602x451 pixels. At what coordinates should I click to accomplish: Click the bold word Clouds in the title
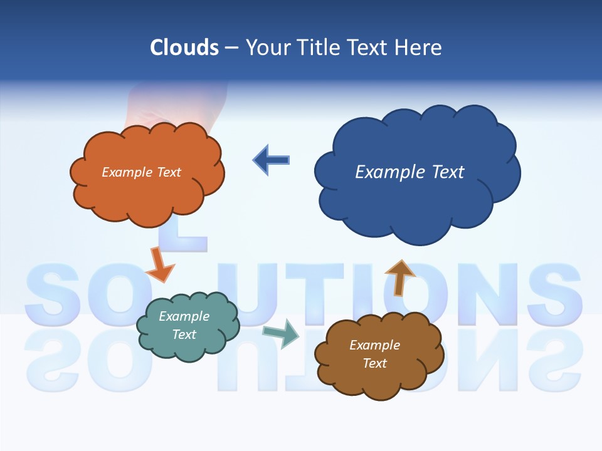(x=184, y=48)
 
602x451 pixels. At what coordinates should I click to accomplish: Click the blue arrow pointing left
(x=271, y=160)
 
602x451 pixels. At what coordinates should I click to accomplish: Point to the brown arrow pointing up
(x=399, y=277)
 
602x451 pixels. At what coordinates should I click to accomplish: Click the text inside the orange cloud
(x=141, y=172)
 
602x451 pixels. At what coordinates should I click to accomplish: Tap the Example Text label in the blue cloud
(x=409, y=172)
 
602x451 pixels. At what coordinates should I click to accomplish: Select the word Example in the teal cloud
(x=184, y=316)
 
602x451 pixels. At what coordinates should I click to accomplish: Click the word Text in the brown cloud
(x=374, y=363)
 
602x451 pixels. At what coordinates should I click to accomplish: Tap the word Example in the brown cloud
(x=374, y=345)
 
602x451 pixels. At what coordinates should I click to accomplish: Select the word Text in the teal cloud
(x=184, y=334)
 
